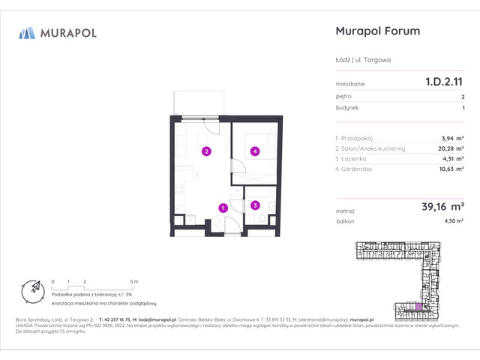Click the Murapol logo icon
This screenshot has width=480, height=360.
(x=27, y=33)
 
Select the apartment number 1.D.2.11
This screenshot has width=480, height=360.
(x=443, y=84)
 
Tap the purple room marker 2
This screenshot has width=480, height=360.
(x=205, y=151)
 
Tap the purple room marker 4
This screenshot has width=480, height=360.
(x=255, y=151)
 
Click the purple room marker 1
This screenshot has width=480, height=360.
(x=222, y=208)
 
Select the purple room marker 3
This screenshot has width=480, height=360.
(x=255, y=205)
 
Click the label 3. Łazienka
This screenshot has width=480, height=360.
(x=355, y=159)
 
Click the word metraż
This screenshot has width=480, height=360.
(x=345, y=212)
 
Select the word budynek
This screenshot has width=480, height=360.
(x=346, y=108)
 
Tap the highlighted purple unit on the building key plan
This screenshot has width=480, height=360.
(x=419, y=307)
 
